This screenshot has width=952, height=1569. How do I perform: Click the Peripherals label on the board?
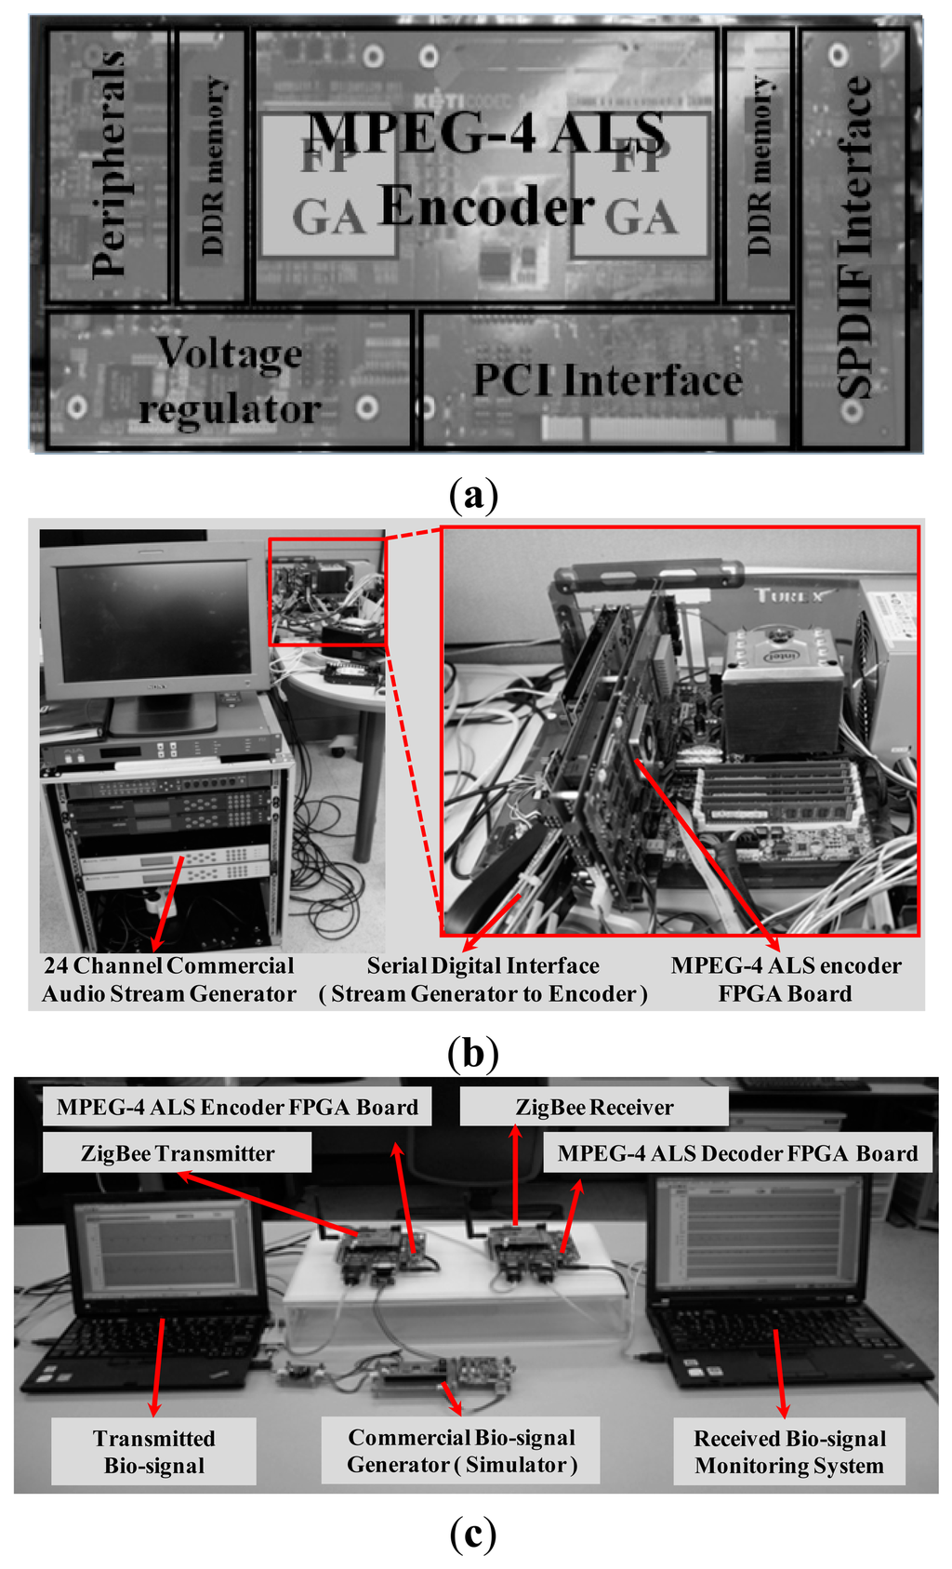coord(109,166)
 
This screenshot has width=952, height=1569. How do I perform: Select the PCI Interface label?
coord(608,380)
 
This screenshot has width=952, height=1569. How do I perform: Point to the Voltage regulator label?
coord(229,380)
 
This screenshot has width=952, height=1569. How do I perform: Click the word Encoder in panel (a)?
coord(485,206)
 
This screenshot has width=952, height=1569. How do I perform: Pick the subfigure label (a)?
coord(473,494)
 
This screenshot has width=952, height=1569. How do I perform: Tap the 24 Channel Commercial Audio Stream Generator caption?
coord(168,979)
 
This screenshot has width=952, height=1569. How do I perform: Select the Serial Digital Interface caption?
coord(483,979)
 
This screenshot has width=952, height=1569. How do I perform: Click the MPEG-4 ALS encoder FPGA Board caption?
coord(786,979)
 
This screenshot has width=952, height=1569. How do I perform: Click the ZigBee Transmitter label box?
coord(177,1153)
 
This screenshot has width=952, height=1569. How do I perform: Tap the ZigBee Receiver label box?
coord(594,1107)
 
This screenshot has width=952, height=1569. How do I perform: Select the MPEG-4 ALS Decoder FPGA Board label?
coord(737,1153)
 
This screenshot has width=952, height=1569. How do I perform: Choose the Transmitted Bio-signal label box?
coord(153,1452)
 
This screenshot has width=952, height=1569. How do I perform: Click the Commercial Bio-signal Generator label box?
coord(462,1451)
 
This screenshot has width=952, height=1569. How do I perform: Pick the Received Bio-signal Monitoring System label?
coord(789,1452)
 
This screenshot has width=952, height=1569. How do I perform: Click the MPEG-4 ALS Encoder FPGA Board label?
coord(237,1107)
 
